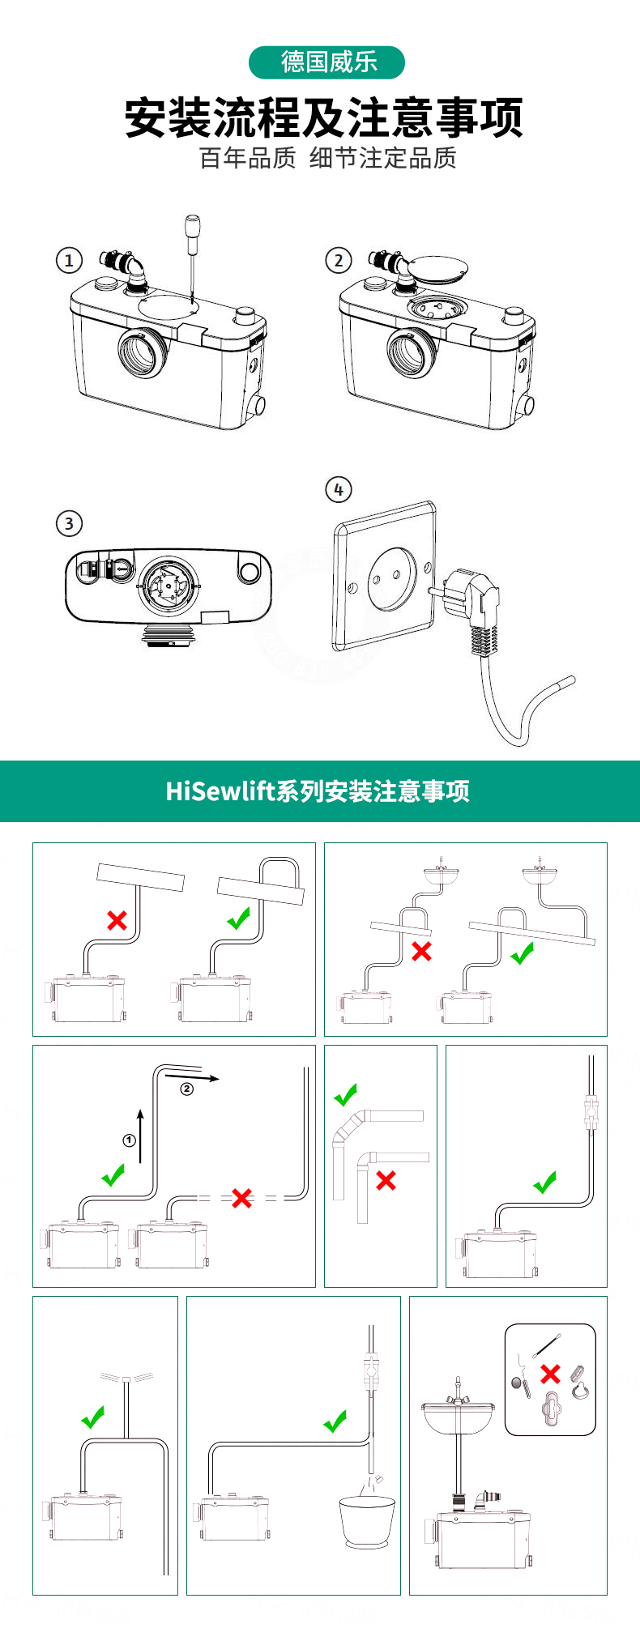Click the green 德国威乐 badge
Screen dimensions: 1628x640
tap(326, 62)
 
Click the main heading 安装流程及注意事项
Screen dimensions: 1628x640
tap(324, 117)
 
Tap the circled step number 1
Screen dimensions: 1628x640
tap(69, 260)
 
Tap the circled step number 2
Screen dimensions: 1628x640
tap(339, 260)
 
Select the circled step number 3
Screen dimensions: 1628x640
tap(69, 523)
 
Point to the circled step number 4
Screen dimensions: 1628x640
tap(339, 489)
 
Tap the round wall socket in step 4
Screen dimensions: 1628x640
tap(391, 577)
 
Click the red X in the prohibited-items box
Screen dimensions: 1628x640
tap(550, 1373)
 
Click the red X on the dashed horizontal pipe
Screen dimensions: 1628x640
tap(241, 1198)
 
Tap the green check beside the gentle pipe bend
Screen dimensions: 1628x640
tap(346, 1095)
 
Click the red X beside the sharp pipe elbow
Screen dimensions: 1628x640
tap(386, 1180)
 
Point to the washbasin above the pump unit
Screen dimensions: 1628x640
tap(458, 1413)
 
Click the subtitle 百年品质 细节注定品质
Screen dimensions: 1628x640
tap(328, 158)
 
